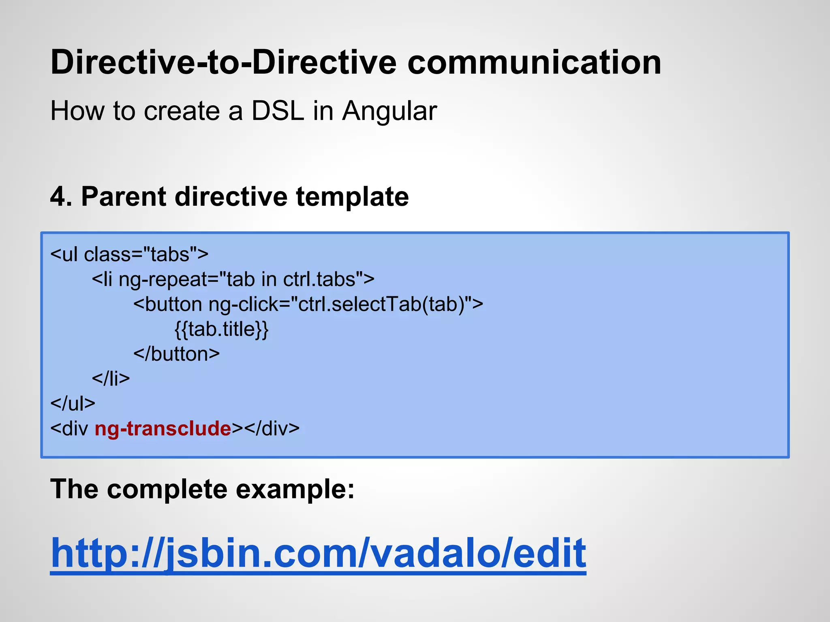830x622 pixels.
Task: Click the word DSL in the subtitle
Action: pyautogui.click(x=277, y=111)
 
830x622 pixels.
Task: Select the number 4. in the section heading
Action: pyautogui.click(x=61, y=197)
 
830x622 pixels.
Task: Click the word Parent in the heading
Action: pyautogui.click(x=124, y=197)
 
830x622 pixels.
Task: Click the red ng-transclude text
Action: pyautogui.click(x=163, y=428)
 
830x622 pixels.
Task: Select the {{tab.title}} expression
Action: pyautogui.click(x=221, y=329)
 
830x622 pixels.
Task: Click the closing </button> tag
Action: pyautogui.click(x=176, y=354)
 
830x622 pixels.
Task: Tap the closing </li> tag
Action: pyautogui.click(x=111, y=378)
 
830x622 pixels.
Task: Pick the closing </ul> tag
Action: pyautogui.click(x=73, y=403)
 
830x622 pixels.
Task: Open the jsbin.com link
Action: pyautogui.click(x=318, y=553)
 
